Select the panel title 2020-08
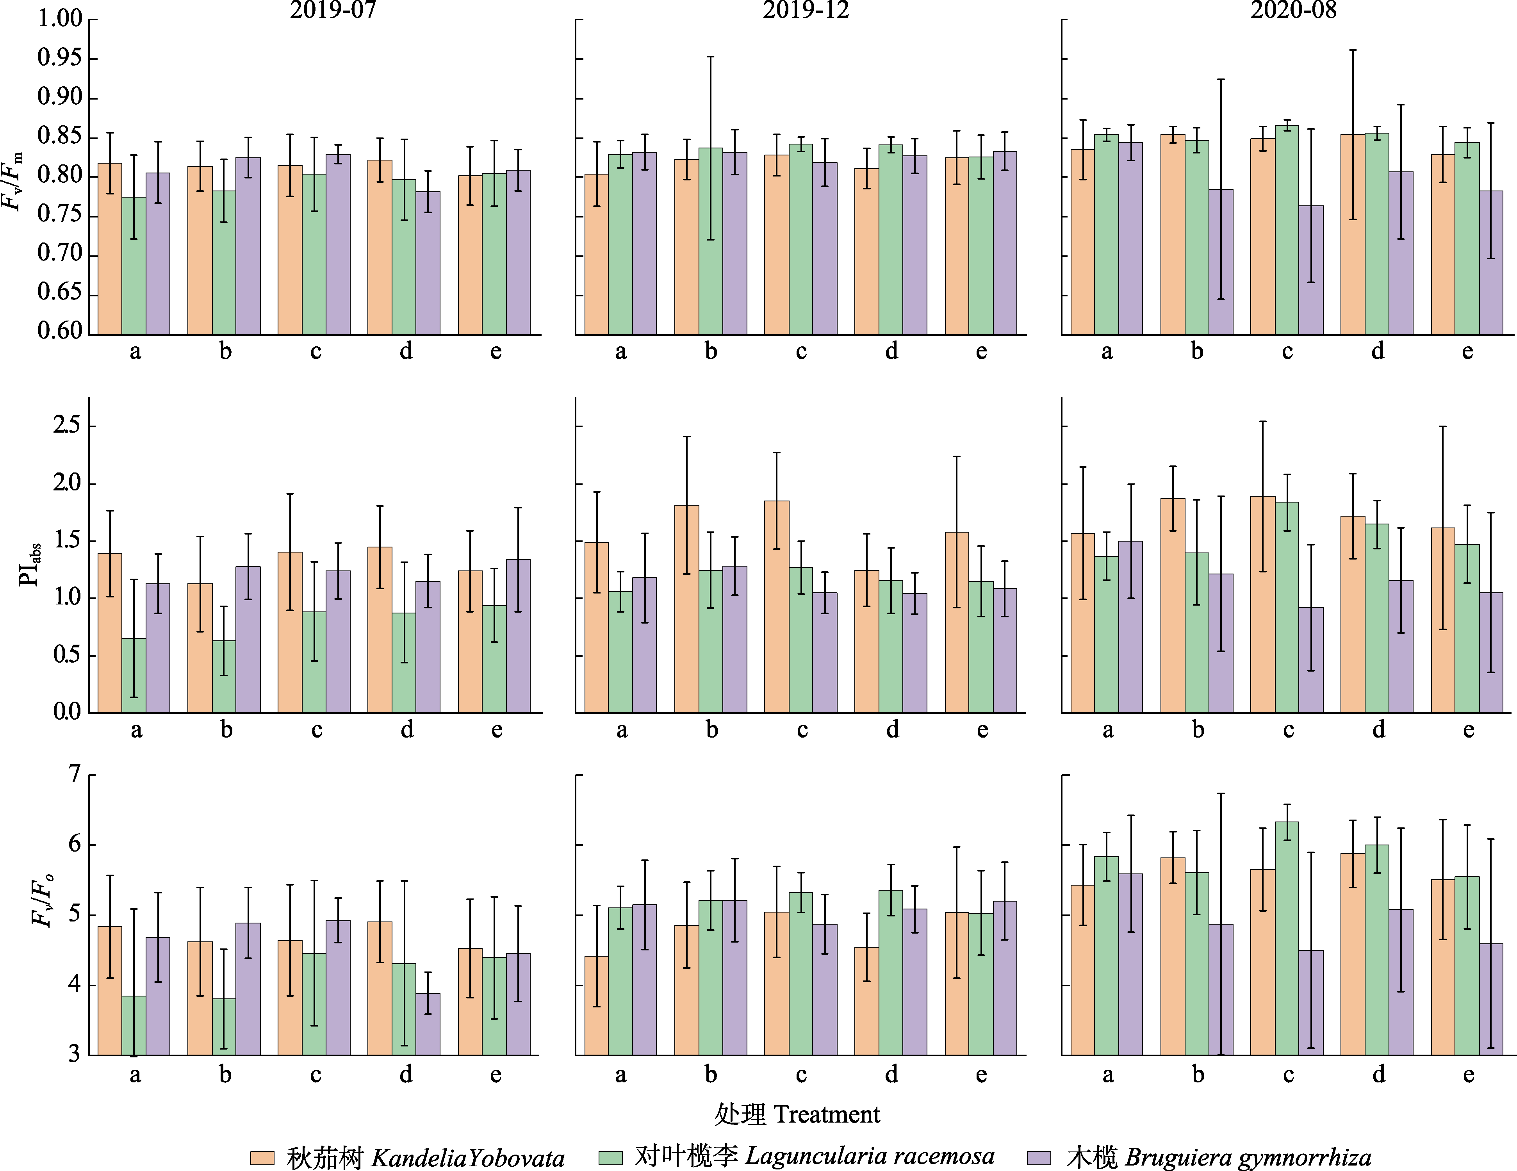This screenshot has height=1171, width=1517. pyautogui.click(x=1293, y=11)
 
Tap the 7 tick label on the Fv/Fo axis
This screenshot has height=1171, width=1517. pyautogui.click(x=74, y=774)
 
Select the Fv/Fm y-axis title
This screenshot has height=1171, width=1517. pyautogui.click(x=12, y=180)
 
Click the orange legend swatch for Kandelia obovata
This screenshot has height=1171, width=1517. pyautogui.click(x=262, y=1158)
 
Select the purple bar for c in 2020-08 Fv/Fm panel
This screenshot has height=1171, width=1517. pyautogui.click(x=1311, y=271)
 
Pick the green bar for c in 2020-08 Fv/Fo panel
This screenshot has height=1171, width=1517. pyautogui.click(x=1287, y=938)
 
